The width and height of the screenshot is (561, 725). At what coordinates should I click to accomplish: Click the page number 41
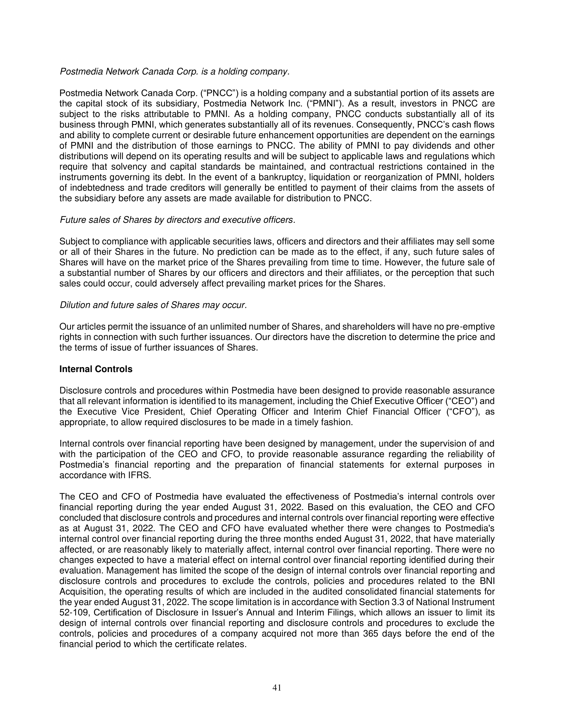pyautogui.click(x=277, y=688)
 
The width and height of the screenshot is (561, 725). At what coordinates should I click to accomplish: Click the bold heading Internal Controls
pyautogui.click(x=96, y=369)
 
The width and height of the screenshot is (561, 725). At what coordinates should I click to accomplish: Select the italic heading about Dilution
pyautogui.click(x=153, y=305)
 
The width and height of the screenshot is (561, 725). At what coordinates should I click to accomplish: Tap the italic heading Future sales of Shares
pyautogui.click(x=177, y=220)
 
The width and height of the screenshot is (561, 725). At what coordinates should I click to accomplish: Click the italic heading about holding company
pyautogui.click(x=175, y=72)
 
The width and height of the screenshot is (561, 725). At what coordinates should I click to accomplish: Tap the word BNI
pyautogui.click(x=486, y=581)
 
